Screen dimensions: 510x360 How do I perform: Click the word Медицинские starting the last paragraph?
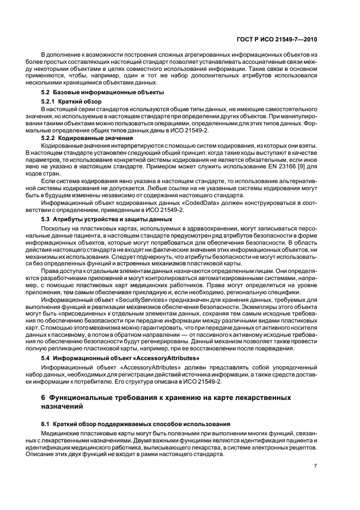point(61,433)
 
